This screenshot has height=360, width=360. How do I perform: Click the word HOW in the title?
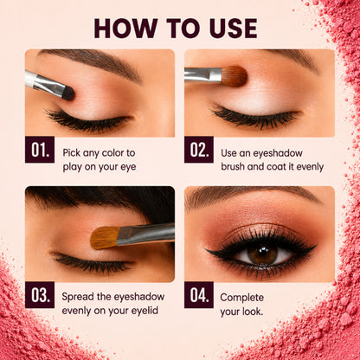[x=125, y=29]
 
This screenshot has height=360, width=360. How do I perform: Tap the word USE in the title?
[x=233, y=29]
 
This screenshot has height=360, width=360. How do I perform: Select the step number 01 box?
[x=40, y=150]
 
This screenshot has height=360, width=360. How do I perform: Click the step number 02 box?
[x=199, y=150]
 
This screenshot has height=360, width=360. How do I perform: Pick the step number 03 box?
[x=40, y=295]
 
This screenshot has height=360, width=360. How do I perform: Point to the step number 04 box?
[x=199, y=295]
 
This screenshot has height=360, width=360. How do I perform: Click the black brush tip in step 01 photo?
[x=68, y=93]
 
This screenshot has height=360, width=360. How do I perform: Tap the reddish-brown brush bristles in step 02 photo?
[x=235, y=76]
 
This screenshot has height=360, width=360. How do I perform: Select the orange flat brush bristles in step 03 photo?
[x=105, y=237]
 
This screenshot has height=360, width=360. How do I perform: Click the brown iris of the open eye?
[x=262, y=254]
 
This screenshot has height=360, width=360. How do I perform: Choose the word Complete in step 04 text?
[x=241, y=298]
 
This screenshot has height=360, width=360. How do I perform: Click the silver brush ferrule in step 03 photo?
[x=145, y=235]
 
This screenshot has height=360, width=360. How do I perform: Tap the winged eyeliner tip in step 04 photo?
[x=315, y=246]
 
